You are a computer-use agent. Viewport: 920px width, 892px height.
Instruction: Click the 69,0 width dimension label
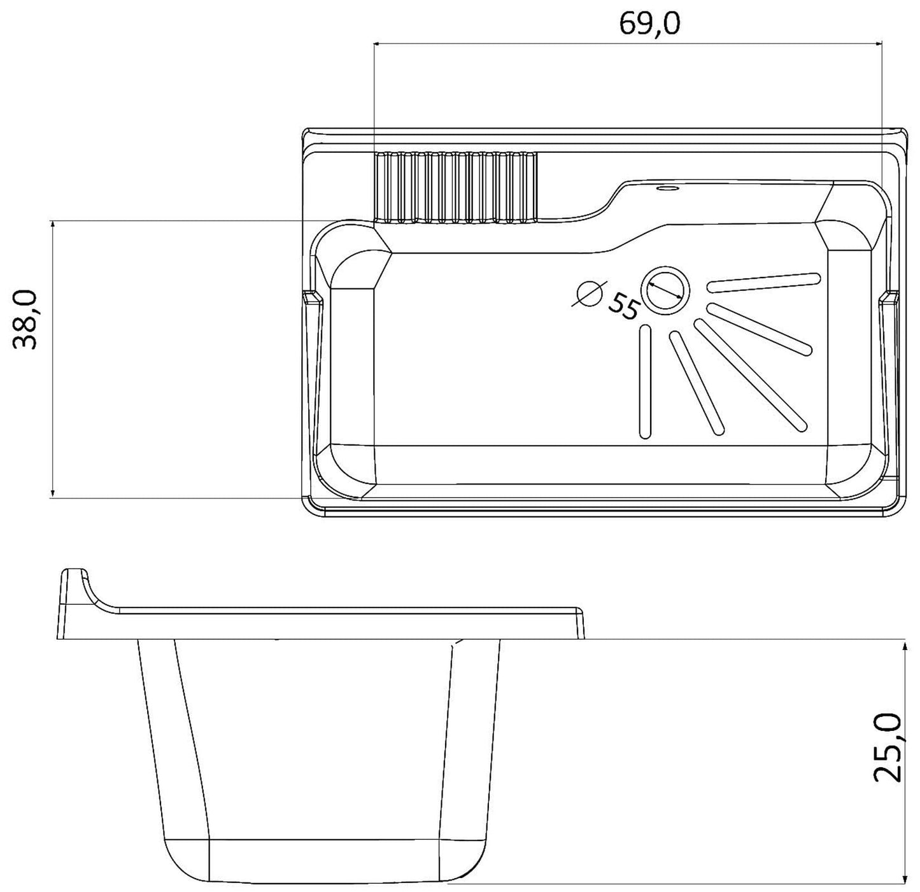click(x=649, y=24)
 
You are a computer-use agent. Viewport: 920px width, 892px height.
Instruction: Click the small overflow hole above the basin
click(x=667, y=188)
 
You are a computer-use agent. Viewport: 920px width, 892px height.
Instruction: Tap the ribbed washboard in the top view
click(x=455, y=188)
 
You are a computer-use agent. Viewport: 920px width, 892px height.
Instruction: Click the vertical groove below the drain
click(x=645, y=381)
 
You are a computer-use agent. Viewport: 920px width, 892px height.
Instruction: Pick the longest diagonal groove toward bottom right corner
click(x=750, y=374)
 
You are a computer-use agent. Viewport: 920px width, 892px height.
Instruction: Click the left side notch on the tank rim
click(x=312, y=297)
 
